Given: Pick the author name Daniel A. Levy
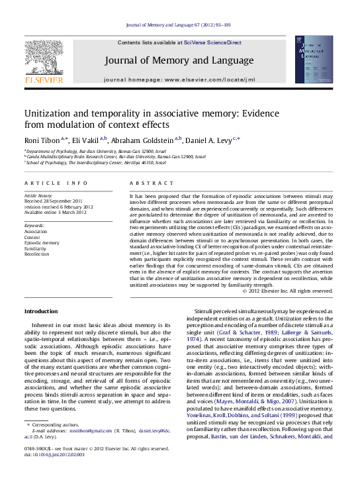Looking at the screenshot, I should (x=211, y=140).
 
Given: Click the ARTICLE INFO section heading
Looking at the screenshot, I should (x=56, y=182).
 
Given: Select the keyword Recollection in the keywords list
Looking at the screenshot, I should (x=37, y=254).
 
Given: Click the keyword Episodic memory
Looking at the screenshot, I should (x=41, y=242).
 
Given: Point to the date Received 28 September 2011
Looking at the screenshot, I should (x=54, y=201).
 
